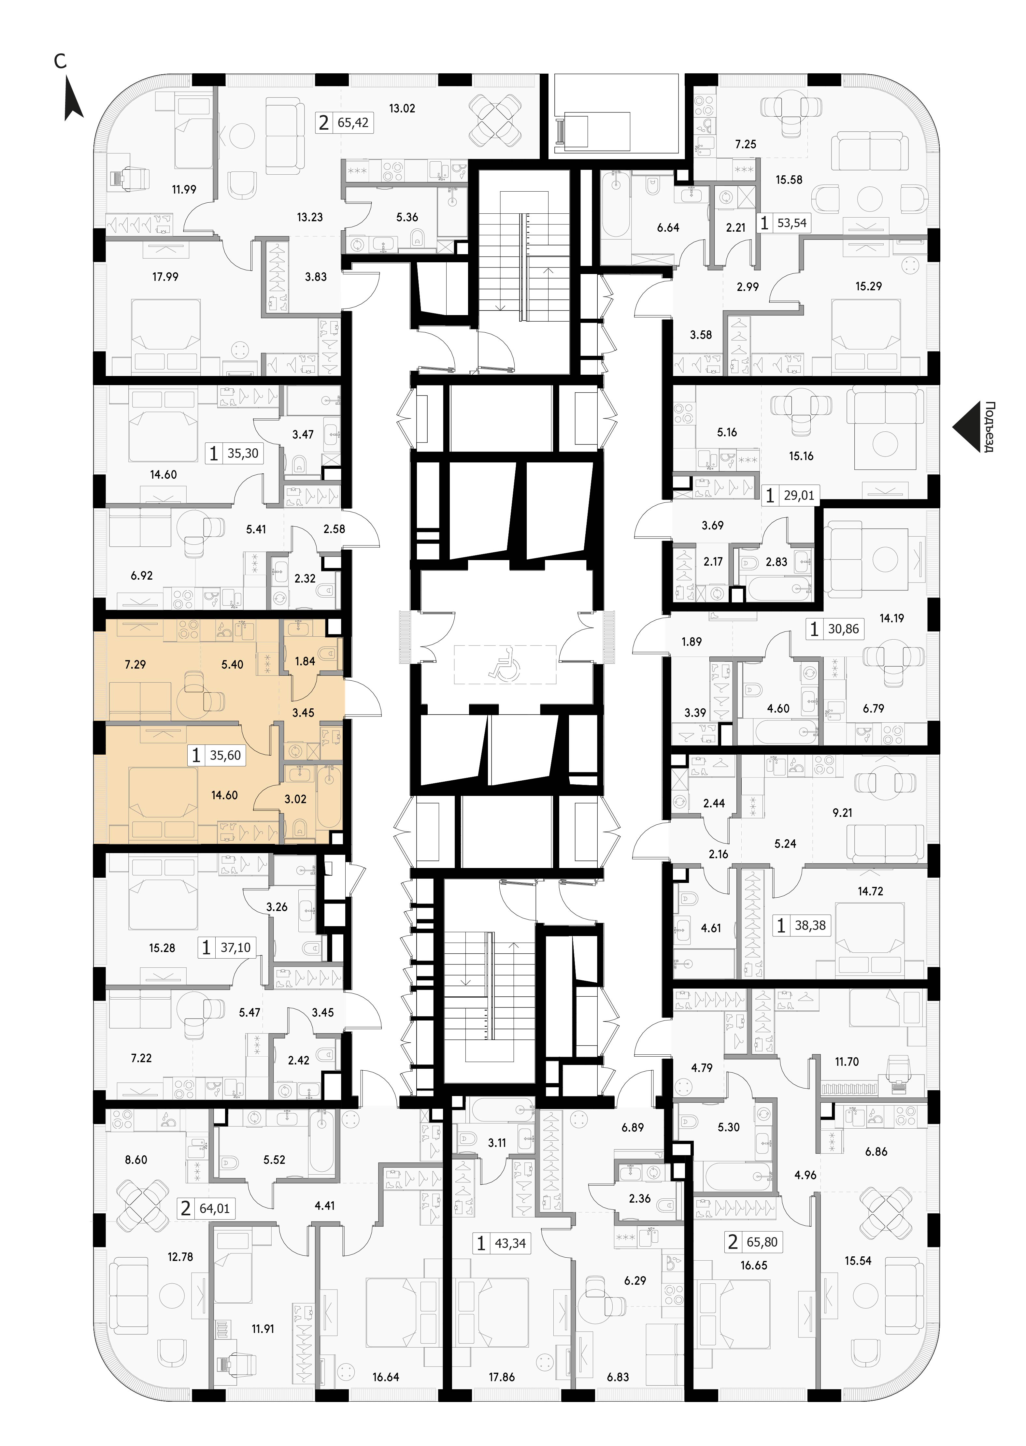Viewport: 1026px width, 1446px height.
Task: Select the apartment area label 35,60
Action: coord(225,755)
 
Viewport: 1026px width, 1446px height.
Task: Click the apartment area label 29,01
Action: coord(799,496)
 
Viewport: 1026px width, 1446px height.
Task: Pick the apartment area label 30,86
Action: coord(843,629)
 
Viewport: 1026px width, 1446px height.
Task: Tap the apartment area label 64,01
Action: coord(215,1208)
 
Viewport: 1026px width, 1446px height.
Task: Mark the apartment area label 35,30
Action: coord(243,453)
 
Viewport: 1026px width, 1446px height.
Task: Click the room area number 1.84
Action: coord(305,661)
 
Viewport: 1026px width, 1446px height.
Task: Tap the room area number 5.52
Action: coord(274,1160)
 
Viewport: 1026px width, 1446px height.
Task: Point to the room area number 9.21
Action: coord(842,813)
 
